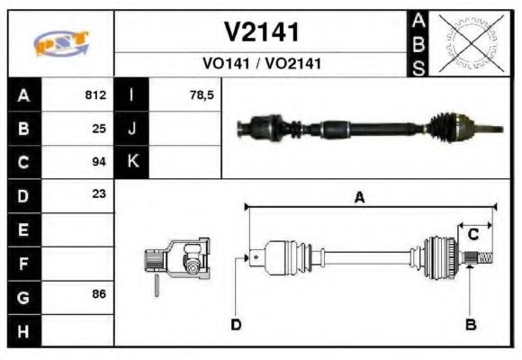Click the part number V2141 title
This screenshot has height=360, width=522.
[261, 33]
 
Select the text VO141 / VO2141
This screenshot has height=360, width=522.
[261, 64]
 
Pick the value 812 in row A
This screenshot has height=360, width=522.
[95, 94]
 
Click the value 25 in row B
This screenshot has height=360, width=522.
[99, 129]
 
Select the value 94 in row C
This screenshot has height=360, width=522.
[99, 162]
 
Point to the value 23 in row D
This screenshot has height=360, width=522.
[99, 193]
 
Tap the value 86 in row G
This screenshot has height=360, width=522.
[99, 294]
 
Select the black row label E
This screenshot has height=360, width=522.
[23, 229]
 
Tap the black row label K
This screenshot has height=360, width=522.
[132, 162]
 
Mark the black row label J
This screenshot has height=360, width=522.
[132, 129]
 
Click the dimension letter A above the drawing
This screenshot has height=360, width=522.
[359, 198]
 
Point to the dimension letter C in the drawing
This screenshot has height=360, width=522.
[472, 235]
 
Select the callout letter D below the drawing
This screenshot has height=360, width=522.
[236, 323]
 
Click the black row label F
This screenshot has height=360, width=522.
[23, 263]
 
